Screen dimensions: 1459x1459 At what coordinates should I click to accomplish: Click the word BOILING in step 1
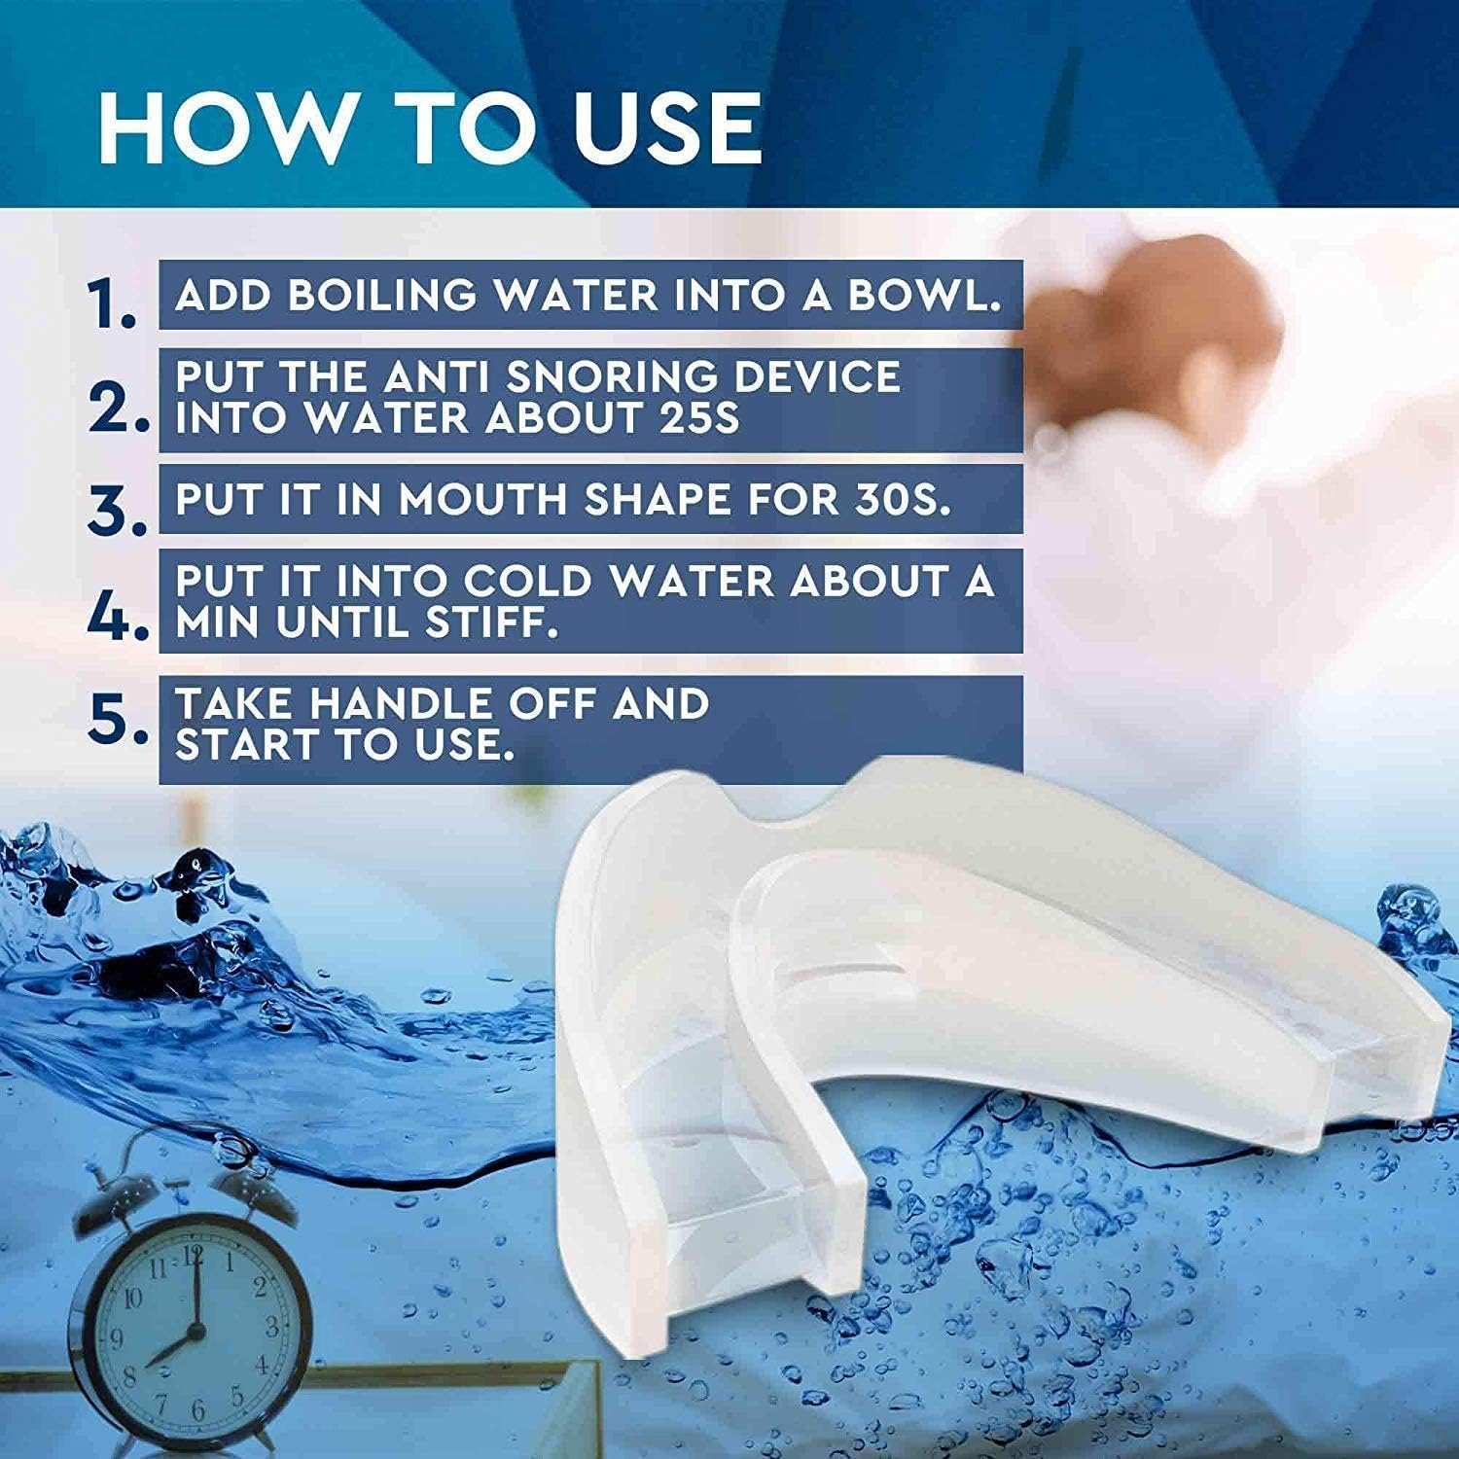[x=383, y=295]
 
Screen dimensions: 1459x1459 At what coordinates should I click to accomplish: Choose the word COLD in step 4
[x=526, y=582]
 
